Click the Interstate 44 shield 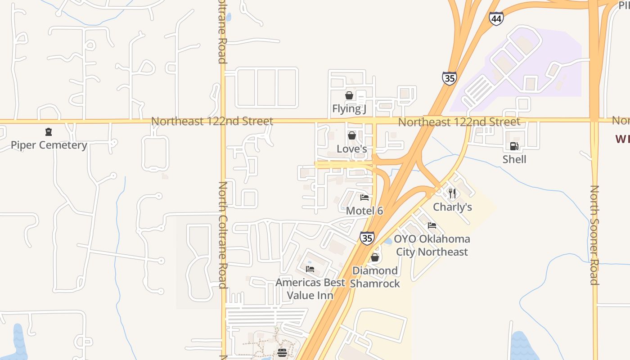point(496,18)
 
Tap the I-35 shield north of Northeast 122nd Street point(449,78)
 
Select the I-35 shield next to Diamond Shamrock point(367,238)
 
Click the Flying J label point(349,108)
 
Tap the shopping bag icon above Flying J point(349,95)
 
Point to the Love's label point(352,148)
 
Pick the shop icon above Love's point(352,135)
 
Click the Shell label point(514,159)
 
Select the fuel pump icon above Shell point(514,146)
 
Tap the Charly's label point(452,207)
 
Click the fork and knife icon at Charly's point(452,193)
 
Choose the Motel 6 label point(364,210)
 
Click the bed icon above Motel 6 point(364,197)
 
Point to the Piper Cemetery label point(49,145)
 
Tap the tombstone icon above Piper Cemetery point(49,132)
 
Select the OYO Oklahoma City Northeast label point(432,245)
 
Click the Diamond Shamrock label point(375,277)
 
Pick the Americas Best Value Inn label point(310,289)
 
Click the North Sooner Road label point(594,235)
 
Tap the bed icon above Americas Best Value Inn point(310,269)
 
